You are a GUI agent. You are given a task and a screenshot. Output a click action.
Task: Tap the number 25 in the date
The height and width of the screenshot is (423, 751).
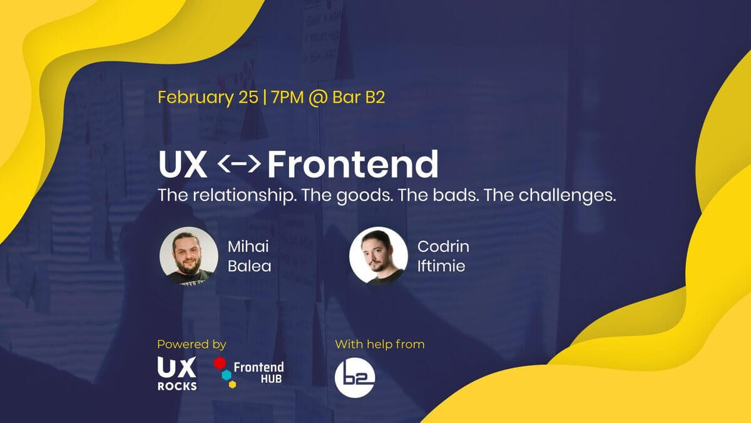[248, 97]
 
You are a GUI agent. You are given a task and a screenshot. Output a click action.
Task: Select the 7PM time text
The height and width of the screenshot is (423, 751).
[287, 97]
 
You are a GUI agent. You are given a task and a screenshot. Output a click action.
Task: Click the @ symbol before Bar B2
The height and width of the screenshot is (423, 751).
[318, 98]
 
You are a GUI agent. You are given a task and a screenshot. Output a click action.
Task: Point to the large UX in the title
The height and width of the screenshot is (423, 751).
[183, 164]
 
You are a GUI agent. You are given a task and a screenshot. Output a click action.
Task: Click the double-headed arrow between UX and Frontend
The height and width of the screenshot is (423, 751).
[238, 164]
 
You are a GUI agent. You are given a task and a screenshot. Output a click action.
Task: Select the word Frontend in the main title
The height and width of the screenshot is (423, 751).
[353, 164]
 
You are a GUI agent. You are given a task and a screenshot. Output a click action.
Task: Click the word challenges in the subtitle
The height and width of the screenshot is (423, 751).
[567, 196]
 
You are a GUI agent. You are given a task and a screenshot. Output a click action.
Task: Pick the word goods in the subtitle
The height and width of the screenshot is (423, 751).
[364, 196]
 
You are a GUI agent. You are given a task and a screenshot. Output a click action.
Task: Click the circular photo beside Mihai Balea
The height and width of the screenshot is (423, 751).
[189, 256]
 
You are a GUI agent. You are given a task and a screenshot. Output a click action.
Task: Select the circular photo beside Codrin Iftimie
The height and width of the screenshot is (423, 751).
[379, 256]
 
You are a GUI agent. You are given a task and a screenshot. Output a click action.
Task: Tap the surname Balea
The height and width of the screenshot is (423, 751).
[250, 266]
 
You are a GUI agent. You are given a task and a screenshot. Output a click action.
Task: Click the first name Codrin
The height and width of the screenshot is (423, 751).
[443, 246]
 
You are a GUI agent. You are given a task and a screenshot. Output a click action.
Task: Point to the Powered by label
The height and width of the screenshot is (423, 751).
[192, 345]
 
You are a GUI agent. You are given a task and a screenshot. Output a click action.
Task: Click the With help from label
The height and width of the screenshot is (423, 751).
[379, 345]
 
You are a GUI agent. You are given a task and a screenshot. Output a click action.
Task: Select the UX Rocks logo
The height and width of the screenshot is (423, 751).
[177, 373]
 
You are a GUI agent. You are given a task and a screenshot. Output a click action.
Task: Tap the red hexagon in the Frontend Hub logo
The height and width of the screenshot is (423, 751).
[220, 363]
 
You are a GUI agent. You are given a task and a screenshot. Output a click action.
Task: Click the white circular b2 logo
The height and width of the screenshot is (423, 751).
[355, 378]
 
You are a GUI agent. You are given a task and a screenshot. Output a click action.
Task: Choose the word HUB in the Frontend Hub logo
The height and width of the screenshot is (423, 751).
[271, 379]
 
